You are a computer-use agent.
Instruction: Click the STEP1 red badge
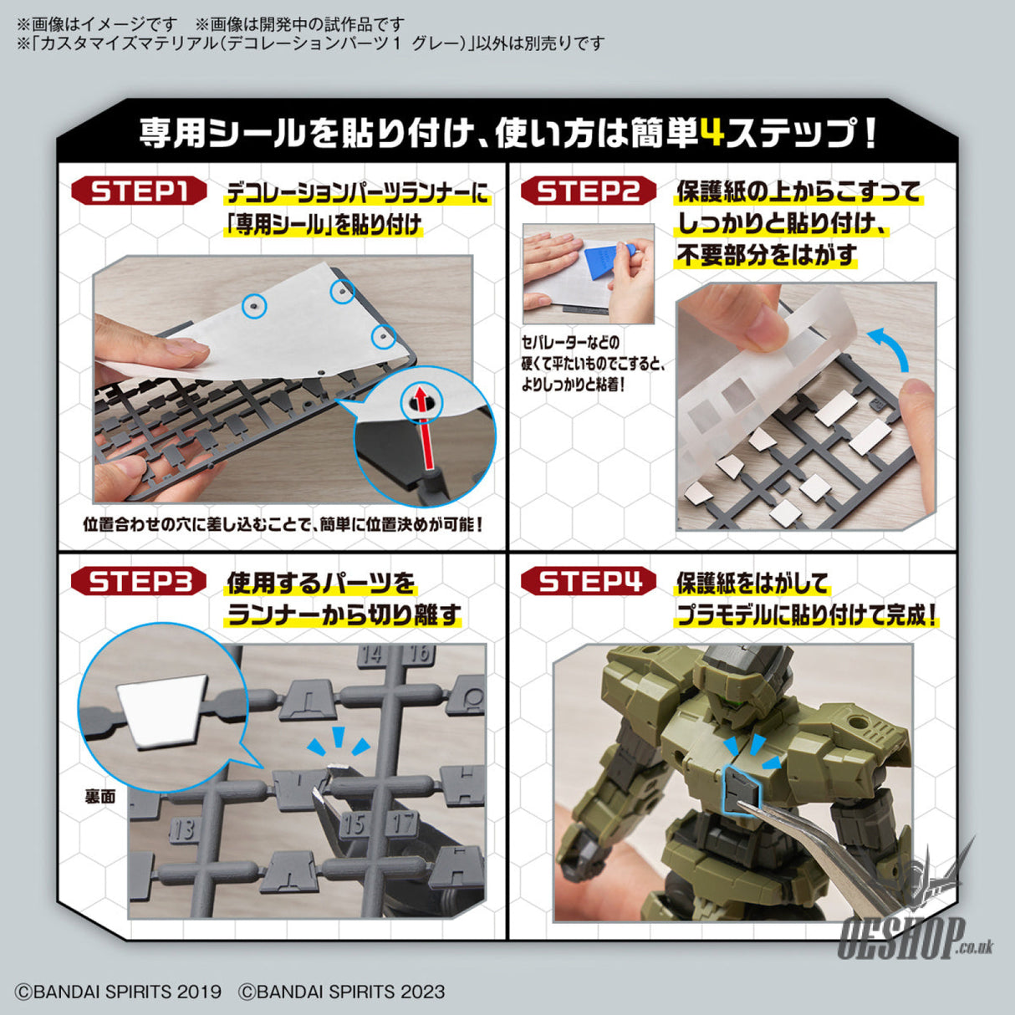coord(139,191)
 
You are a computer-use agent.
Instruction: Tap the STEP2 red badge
coord(588,191)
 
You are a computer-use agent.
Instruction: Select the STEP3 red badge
coord(139,581)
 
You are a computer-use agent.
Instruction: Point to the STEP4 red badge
coord(588,581)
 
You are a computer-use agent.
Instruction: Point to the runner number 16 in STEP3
coord(420,655)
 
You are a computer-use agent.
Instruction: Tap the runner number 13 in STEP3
coord(183,829)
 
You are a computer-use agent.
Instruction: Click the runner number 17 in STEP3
coord(405,823)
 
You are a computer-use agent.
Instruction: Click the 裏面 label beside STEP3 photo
coord(100,796)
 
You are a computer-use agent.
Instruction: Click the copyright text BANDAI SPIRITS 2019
coord(118,992)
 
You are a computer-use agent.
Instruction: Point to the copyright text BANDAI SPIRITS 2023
coord(342,992)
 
